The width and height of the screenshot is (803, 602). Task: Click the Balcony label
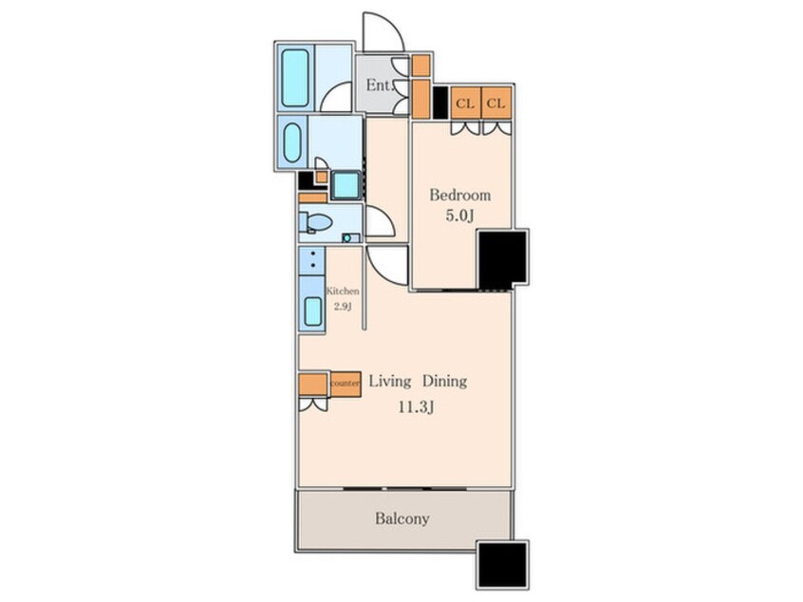pos(402,518)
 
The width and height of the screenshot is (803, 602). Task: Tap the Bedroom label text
pos(460,196)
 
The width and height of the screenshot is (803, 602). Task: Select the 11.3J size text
pos(417,407)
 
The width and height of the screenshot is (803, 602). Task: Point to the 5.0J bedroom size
pos(459,216)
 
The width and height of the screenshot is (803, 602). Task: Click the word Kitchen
pos(343,291)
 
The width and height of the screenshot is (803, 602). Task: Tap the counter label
pos(345,384)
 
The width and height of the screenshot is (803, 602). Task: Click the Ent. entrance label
pos(379,85)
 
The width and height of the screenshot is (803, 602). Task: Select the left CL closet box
pos(465,103)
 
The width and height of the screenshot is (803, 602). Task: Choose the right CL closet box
pos(496,103)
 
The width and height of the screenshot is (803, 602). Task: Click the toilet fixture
pos(315,223)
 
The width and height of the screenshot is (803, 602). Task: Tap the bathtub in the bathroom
pos(295,78)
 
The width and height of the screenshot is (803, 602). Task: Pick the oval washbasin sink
pos(292,142)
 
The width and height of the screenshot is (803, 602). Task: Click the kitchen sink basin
pos(313,311)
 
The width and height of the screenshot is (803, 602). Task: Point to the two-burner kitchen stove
pos(312,260)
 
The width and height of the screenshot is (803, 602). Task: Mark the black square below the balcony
pos(502,565)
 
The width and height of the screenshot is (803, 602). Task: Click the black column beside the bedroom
pos(502,258)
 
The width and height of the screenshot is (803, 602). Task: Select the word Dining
pos(444,382)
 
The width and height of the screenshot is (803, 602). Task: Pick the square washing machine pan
pos(346,185)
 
